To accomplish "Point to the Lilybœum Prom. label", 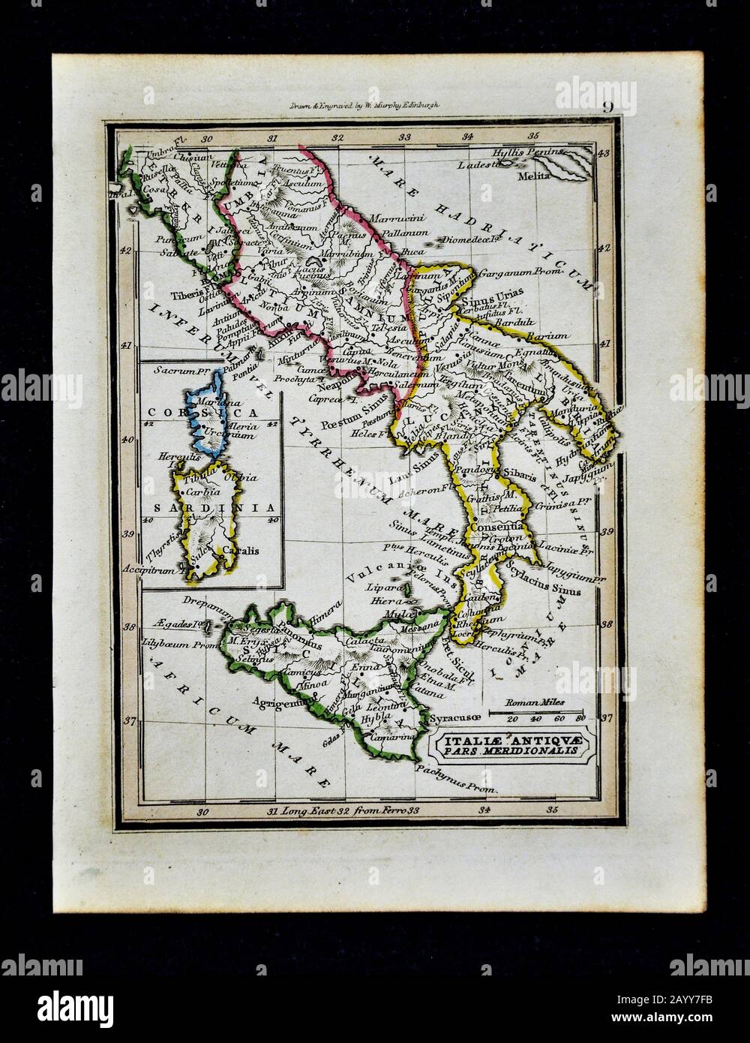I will click(180, 642).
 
